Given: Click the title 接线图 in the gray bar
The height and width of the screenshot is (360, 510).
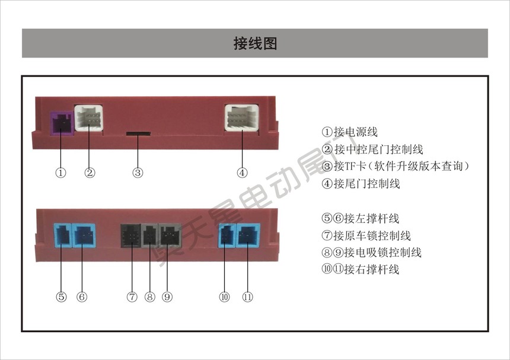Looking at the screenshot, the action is point(255,43).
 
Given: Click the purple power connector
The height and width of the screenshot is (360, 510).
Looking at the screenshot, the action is point(62,123).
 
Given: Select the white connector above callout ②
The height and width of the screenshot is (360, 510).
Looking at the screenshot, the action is point(89,118).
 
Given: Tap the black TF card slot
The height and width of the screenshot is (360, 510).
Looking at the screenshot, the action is point(138,133).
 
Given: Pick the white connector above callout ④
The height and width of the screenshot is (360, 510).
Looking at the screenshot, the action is point(242,117).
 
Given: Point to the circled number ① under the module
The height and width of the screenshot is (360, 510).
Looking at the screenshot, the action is point(61,173).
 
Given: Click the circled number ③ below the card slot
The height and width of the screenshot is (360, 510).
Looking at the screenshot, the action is point(138,173).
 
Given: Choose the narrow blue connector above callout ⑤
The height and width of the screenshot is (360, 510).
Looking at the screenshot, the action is point(62,235).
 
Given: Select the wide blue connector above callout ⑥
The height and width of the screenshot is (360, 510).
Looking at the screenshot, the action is point(84,235).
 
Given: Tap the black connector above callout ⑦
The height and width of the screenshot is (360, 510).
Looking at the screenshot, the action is point(130,235).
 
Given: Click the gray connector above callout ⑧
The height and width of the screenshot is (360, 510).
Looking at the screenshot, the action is point(149,235).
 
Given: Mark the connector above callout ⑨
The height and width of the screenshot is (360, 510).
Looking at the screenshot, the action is point(170,235).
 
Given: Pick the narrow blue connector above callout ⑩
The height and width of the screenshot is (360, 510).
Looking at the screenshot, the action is point(227,235).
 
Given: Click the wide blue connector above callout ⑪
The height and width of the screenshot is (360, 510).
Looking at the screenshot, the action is point(248,235).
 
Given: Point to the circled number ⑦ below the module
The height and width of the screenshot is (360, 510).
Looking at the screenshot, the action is point(132,297).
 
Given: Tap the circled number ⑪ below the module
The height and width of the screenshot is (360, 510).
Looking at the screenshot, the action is point(247,297).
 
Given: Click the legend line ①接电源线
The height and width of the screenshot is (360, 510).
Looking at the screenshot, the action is point(350,132).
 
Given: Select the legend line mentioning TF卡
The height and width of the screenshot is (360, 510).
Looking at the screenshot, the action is point(396,166).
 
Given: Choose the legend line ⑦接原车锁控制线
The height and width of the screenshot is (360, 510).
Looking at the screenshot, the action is point(366,235).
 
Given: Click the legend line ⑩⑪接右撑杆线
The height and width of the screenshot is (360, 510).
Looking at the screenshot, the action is point(361,269).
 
